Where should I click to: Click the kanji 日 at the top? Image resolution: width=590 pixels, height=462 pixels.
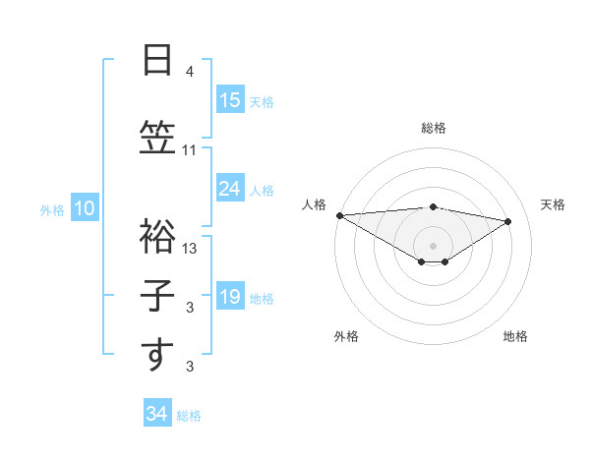coord(157,60)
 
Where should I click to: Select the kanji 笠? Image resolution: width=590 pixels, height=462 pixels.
coord(157,137)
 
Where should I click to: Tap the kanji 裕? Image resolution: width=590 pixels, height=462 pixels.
coord(157,234)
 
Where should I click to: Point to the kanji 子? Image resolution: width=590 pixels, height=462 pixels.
coord(157,295)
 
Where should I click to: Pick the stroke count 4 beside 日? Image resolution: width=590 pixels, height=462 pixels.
coord(190,72)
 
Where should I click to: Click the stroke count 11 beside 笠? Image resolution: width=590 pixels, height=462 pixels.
coord(190,150)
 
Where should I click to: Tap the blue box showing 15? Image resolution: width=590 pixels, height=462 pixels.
coord(229,100)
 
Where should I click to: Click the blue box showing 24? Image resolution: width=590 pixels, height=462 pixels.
coord(229,189)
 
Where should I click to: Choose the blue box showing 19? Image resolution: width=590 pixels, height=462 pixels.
coord(229,297)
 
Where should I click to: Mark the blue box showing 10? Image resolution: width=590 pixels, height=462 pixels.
coord(84,208)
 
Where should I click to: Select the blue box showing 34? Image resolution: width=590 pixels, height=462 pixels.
coord(156,414)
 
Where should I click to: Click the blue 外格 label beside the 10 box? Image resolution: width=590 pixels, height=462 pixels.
coord(51,209)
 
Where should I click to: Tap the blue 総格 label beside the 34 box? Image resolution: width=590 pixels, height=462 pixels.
coord(189,415)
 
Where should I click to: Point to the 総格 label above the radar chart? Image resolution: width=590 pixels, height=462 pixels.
coord(434,128)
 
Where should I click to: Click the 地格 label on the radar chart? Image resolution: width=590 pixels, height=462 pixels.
coord(515,336)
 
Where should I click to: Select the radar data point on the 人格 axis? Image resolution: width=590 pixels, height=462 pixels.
coord(339,215)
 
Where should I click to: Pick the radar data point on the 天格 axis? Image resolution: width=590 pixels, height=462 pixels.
coord(508,221)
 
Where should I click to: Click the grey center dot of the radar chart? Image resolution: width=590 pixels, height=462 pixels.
coord(433,244)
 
